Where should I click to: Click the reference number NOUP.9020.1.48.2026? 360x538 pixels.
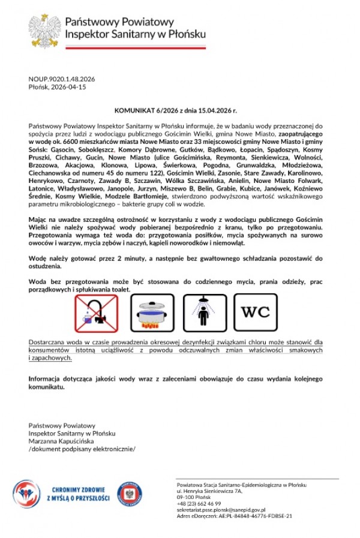coord(62,79)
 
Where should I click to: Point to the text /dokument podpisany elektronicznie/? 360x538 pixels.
coord(82,449)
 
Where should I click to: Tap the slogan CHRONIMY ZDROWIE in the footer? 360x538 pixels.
coord(80,489)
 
